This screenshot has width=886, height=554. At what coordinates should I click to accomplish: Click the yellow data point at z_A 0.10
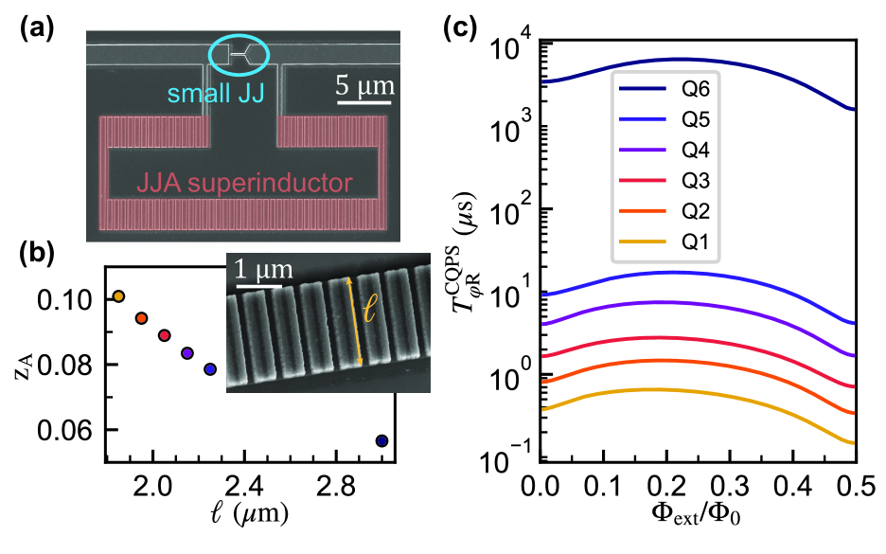tap(118, 296)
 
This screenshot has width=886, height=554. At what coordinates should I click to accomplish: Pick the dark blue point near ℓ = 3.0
tap(381, 440)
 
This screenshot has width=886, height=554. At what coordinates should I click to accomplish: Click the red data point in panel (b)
tap(164, 335)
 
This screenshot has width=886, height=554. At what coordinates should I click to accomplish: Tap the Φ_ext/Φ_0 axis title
tap(697, 518)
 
